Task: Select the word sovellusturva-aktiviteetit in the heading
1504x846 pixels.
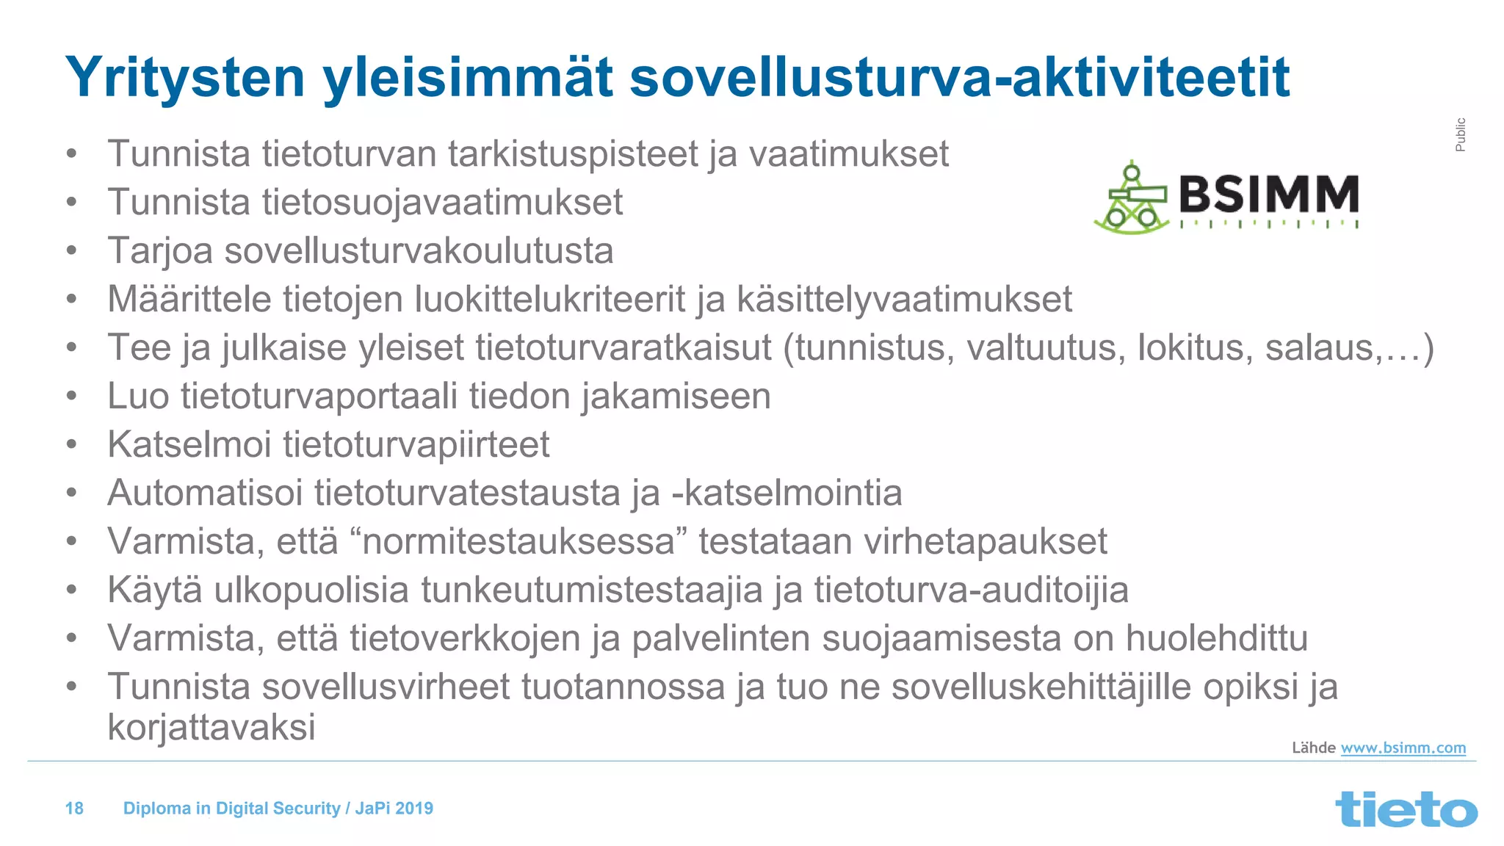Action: tap(959, 78)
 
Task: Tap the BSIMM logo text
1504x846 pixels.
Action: tap(1268, 195)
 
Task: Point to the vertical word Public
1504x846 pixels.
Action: tap(1460, 134)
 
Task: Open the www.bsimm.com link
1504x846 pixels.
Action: tap(1403, 748)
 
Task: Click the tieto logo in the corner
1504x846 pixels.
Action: tap(1406, 809)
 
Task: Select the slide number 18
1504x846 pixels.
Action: tap(74, 809)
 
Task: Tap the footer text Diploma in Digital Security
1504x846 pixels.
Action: tap(231, 809)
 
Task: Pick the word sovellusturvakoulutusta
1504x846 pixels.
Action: tap(419, 251)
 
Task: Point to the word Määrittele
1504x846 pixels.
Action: tap(189, 300)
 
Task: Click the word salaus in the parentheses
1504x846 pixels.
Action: tap(1319, 348)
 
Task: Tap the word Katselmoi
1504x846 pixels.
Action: tap(189, 445)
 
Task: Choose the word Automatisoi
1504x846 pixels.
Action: tap(205, 493)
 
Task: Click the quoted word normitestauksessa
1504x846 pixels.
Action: tap(518, 542)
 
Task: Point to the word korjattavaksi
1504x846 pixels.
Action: tap(211, 728)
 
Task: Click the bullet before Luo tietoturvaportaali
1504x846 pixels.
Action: tap(71, 397)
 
